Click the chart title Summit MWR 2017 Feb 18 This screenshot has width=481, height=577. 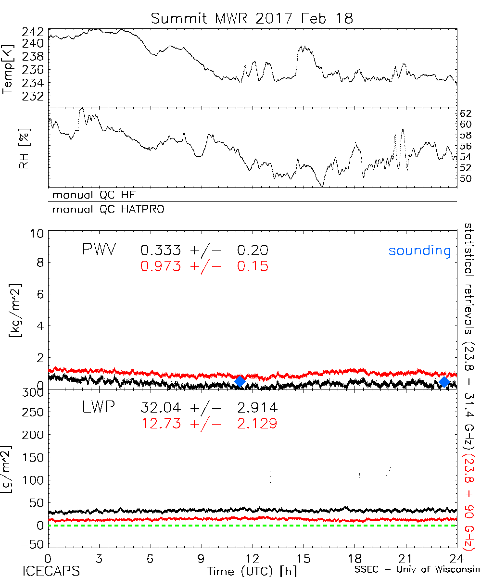point(252,18)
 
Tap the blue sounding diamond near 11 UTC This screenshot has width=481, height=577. point(240,381)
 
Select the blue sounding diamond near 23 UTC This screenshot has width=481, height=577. point(444,382)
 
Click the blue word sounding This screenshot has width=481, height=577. point(419,251)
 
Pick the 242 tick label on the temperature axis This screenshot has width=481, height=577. point(33,32)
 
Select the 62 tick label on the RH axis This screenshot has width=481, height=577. point(466,114)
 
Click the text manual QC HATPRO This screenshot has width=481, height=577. point(104,210)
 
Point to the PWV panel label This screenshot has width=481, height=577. point(99,250)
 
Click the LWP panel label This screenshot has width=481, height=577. point(98,408)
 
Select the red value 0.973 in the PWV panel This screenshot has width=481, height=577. point(161,266)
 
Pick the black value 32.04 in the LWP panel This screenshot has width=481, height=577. point(161,408)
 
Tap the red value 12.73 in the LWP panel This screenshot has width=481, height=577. point(161,423)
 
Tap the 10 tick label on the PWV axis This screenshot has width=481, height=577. point(38,234)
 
